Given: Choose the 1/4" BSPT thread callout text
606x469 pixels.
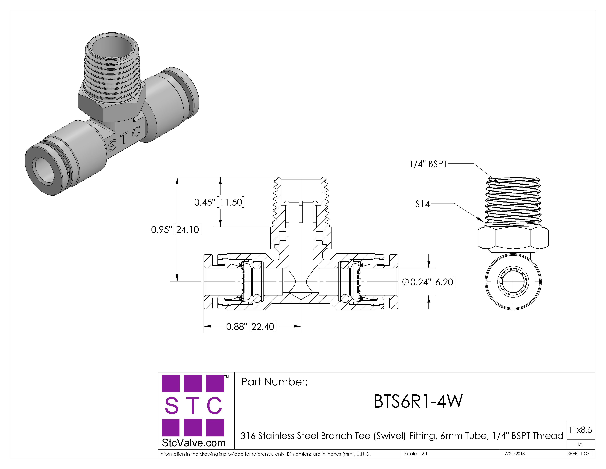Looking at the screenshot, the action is [428, 164].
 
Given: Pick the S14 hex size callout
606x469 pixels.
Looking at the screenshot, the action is [422, 204].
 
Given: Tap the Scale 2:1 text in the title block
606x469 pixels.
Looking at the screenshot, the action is [416, 454].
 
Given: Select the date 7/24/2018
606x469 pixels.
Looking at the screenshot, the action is [515, 454].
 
